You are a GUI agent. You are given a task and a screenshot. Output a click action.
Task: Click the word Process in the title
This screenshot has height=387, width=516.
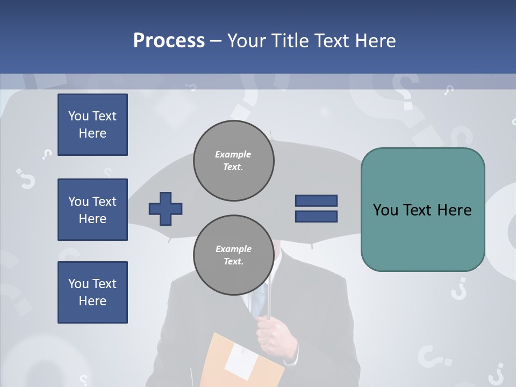169,41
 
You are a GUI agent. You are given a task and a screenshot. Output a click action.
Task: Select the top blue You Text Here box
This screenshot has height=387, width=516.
92,125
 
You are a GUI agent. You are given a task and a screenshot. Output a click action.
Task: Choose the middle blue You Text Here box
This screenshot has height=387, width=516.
92,210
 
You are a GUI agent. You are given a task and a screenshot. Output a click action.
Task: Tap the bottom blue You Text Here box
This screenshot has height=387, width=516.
92,292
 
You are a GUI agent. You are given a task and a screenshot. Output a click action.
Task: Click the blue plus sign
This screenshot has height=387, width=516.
166,209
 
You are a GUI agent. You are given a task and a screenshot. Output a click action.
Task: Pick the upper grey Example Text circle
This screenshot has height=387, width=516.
233,161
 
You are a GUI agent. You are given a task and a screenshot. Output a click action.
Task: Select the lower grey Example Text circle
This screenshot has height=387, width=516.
233,255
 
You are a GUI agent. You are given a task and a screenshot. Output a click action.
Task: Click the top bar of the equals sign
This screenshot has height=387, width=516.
316,200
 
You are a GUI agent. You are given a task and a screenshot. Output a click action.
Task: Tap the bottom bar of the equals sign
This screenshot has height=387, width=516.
316,217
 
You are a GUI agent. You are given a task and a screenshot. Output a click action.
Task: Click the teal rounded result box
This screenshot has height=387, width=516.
422,210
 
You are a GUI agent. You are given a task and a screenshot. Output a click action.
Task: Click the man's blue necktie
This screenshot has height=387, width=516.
260,298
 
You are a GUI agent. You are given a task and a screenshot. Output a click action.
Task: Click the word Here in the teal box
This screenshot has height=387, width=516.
454,210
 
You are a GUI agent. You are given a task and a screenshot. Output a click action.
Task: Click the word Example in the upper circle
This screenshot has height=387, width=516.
233,154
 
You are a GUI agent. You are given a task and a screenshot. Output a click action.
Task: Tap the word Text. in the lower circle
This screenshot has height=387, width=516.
233,262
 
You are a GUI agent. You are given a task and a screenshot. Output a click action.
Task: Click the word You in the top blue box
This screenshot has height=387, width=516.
78,116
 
